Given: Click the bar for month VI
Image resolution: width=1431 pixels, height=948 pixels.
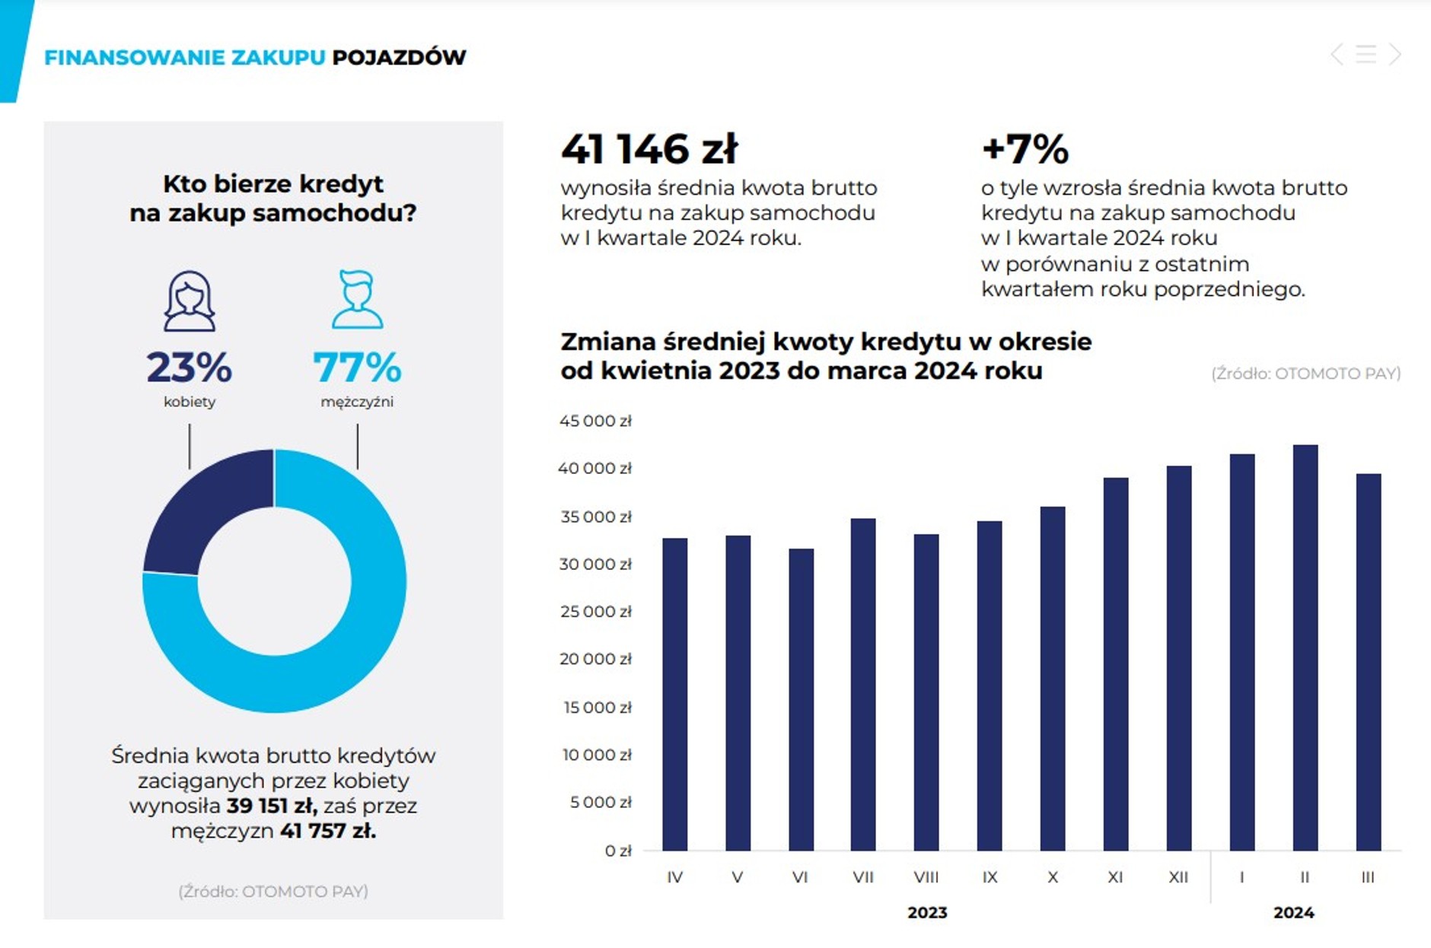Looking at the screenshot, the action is point(801,699).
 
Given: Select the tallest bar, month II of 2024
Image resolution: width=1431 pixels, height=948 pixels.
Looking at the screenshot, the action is point(1305,647).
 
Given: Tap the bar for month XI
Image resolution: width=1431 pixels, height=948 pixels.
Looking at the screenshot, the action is point(1115,664).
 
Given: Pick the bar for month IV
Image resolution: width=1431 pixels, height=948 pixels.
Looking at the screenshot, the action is point(674,695).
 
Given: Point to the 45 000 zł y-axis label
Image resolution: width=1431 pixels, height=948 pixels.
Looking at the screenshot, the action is point(595,421).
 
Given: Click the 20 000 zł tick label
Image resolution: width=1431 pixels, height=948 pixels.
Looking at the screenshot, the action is point(595,659).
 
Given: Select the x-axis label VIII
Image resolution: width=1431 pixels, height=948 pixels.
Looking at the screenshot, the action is point(926,877).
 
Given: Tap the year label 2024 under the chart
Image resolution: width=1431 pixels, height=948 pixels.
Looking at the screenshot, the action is point(1294,912).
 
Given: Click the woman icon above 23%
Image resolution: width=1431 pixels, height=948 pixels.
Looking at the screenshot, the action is point(190,301).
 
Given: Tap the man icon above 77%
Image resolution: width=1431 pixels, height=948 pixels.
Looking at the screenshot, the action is point(357,299).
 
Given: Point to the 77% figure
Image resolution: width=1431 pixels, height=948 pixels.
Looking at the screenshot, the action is point(357,367).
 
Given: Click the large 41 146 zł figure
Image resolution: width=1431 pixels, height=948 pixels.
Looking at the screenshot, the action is point(649,148).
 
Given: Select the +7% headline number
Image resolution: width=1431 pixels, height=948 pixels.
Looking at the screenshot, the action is point(1025,148).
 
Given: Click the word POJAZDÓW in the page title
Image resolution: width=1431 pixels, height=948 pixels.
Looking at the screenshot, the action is point(399,57).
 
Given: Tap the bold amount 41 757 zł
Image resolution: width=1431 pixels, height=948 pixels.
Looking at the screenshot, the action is point(328,831).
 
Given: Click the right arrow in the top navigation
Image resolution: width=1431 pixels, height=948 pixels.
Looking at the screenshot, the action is point(1394,54).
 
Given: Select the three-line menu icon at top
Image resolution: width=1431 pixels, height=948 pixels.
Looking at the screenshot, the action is point(1366,54).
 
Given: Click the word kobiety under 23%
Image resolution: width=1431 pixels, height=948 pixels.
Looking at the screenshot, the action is point(190,402).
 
